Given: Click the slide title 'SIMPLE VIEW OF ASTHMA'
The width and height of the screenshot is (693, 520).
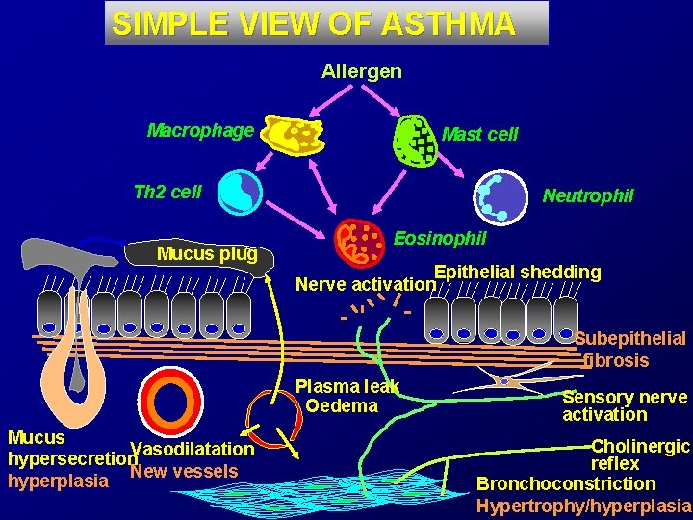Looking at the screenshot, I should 314,24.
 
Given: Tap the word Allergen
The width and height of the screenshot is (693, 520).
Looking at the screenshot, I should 362,72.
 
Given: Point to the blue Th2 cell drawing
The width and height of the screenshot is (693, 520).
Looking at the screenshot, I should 240,192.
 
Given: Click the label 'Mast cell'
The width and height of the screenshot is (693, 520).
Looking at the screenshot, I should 479,135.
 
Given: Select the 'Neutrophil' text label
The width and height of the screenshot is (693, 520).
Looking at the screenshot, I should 588,196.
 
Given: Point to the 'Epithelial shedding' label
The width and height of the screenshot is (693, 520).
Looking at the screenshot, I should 518,272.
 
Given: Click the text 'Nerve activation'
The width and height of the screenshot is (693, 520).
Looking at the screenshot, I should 366,284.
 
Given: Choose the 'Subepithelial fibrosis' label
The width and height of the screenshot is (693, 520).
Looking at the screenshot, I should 629,350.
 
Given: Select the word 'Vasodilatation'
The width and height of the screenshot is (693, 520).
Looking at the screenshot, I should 192,450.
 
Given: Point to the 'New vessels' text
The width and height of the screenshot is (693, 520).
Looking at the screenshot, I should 184,471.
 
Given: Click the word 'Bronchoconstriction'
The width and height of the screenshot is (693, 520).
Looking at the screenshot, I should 566,484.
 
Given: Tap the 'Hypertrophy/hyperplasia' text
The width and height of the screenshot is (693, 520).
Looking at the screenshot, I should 583,506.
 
